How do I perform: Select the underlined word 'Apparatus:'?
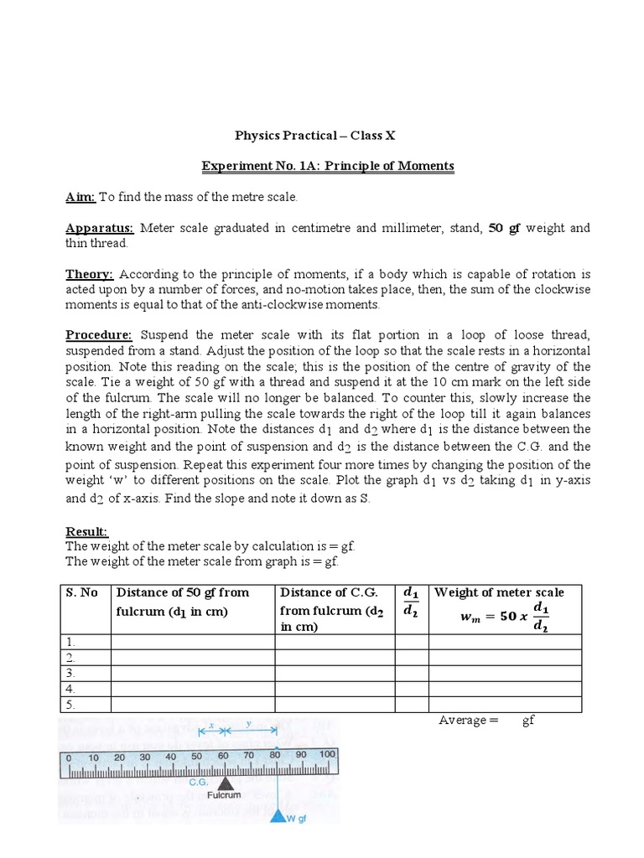[x=100, y=228]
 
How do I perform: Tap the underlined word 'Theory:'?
[x=90, y=274]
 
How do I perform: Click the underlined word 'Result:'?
[x=87, y=531]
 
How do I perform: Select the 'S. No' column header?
[x=82, y=592]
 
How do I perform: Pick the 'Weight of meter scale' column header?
[x=499, y=592]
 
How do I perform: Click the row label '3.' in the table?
[x=71, y=673]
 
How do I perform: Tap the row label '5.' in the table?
[x=71, y=705]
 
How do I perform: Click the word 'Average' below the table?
[x=462, y=721]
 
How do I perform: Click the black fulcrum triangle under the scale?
[x=225, y=784]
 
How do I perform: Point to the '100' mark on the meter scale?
[x=326, y=755]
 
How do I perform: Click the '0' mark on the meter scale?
[x=68, y=757]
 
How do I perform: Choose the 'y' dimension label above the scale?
[x=249, y=723]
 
